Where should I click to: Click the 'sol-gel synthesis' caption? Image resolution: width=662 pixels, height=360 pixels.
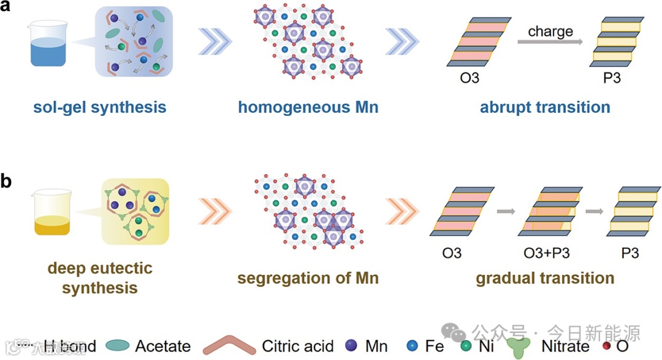coord(100,107)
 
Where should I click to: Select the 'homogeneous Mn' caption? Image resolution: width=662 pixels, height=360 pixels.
coord(308,107)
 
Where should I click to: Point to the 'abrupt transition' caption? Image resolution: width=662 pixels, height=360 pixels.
coord(545,107)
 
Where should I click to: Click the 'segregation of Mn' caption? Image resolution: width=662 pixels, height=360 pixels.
coord(308,278)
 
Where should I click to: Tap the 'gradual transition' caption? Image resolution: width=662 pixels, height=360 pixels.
coord(545,278)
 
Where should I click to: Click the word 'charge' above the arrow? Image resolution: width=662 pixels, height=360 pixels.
coord(550,31)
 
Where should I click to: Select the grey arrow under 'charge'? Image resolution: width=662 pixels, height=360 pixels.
coord(550,42)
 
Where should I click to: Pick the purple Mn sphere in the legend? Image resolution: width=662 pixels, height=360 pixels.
coord(351,346)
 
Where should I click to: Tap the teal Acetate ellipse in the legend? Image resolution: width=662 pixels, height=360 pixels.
coord(116,346)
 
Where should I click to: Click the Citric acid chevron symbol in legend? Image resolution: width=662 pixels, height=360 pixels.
coord(229,345)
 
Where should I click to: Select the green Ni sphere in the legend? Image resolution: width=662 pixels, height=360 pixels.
coord(466,346)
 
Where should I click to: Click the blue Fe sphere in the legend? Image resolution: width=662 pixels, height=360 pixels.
coord(411,346)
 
